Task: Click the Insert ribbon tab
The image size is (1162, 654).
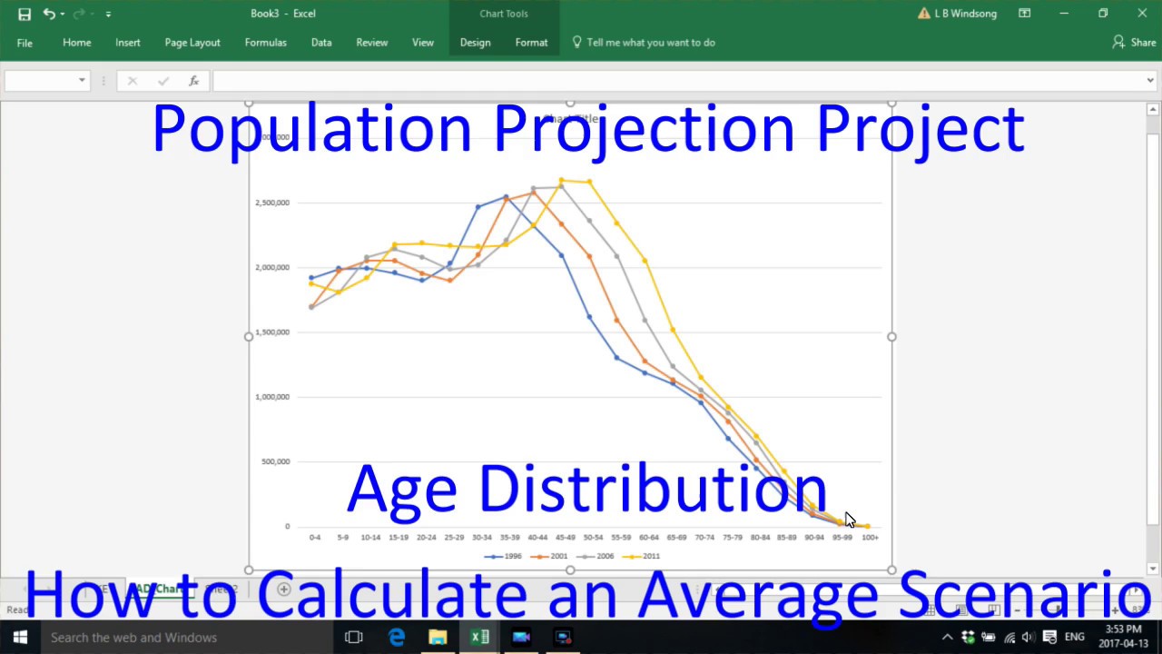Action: point(127,43)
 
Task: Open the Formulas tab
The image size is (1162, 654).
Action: point(265,43)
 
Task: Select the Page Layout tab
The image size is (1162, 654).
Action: point(192,43)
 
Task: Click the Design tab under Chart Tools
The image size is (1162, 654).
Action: point(475,43)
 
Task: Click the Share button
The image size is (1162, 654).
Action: point(1135,43)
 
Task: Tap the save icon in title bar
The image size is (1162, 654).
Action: point(25,14)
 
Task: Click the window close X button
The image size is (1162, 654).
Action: point(1142,14)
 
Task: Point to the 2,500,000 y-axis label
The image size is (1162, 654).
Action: point(272,203)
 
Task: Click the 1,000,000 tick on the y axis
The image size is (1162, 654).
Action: point(272,397)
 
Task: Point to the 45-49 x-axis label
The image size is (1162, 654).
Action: point(566,538)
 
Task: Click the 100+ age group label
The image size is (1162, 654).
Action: point(870,538)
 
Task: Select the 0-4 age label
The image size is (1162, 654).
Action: point(314,538)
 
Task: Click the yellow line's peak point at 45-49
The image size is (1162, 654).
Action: point(562,180)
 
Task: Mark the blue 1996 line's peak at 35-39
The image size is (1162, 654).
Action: point(507,196)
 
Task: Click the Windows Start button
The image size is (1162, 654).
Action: point(20,638)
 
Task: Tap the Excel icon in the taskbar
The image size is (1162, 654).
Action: point(479,638)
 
